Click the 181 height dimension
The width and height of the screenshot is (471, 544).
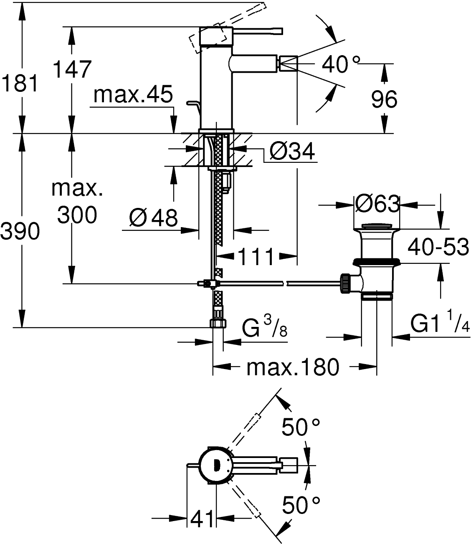[x=20, y=84]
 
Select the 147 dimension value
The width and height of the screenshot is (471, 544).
[x=72, y=69]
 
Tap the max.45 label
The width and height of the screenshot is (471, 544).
[x=133, y=96]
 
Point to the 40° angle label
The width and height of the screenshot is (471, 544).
[x=340, y=64]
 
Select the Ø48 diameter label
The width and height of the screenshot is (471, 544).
[x=153, y=217]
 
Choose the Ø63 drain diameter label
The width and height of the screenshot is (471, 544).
[x=377, y=204]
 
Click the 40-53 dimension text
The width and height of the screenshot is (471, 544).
[x=438, y=248]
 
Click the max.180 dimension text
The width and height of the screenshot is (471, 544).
[x=292, y=367]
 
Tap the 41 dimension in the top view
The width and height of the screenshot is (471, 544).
[x=203, y=519]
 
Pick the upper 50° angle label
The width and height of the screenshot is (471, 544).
[x=301, y=427]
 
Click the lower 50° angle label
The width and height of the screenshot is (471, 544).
[x=301, y=505]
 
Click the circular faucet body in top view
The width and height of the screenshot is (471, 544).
[x=215, y=466]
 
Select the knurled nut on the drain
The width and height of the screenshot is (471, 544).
[x=347, y=283]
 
